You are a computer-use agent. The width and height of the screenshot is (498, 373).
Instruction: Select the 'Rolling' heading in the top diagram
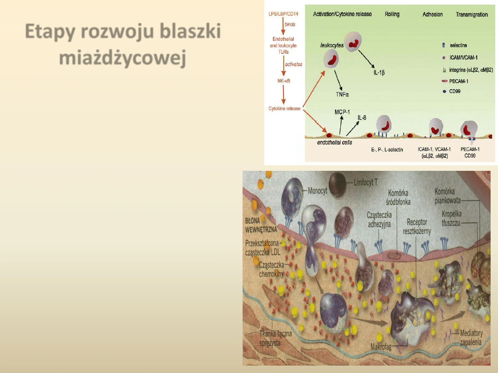point(392,14)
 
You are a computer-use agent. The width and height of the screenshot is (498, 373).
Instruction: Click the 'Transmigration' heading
point(472,14)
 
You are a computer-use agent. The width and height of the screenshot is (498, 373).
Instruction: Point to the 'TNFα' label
point(343,94)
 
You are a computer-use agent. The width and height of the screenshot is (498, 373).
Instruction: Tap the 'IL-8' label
point(362,118)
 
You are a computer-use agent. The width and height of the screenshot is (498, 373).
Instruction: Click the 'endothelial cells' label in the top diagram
point(334,142)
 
